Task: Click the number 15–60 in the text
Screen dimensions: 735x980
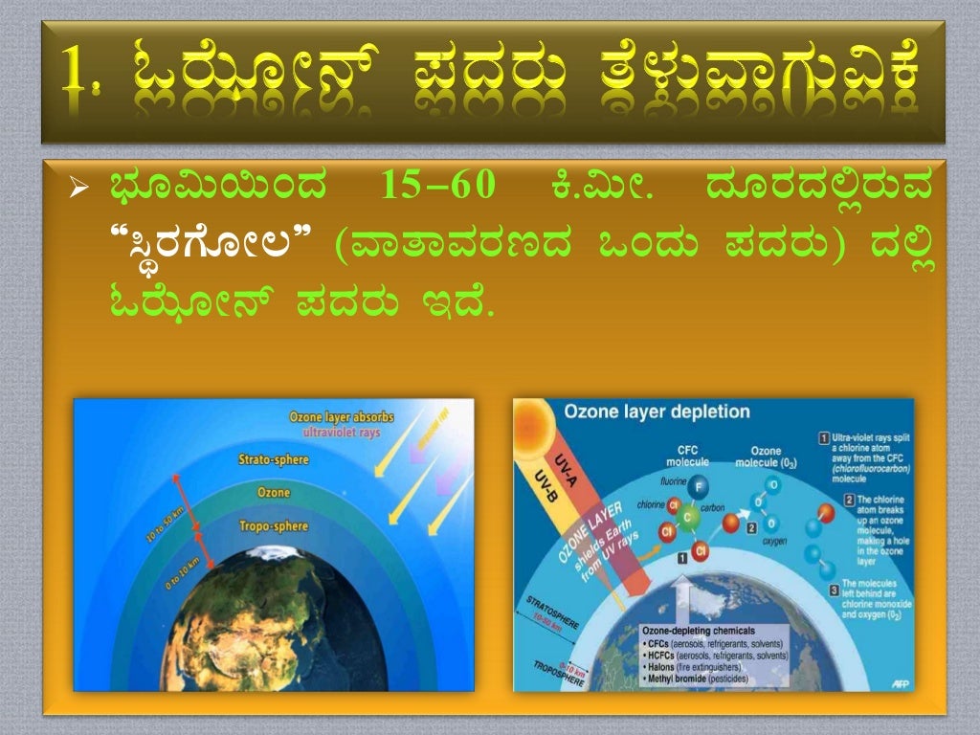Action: [437, 186]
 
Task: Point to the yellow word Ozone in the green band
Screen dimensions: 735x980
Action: [274, 492]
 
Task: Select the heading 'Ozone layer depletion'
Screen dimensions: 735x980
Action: [657, 412]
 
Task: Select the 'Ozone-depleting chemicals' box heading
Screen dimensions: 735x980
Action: [700, 631]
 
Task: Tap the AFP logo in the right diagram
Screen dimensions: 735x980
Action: [900, 683]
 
